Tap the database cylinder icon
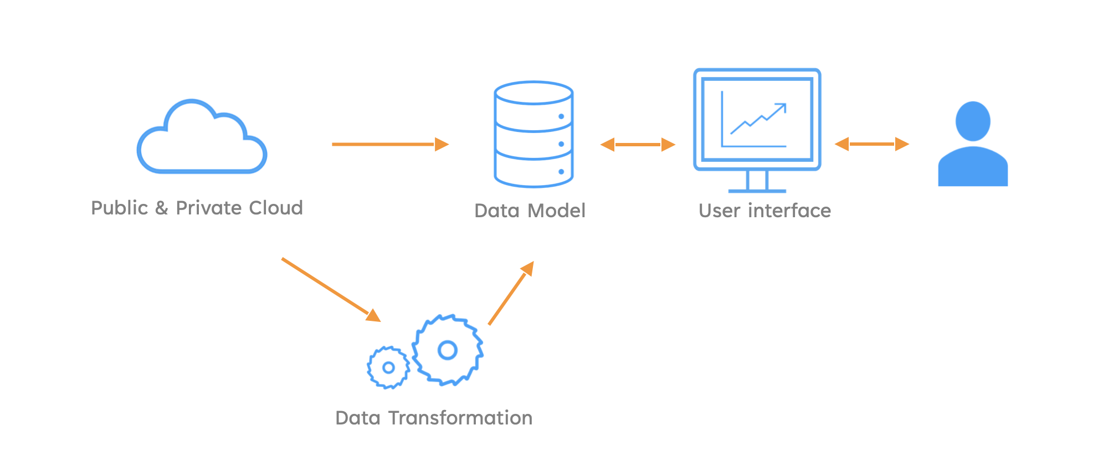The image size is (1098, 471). (x=533, y=134)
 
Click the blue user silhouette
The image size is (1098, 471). (x=973, y=166)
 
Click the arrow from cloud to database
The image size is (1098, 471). (x=390, y=144)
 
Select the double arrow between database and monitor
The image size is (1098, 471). (x=638, y=145)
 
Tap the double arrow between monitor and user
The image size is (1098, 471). (x=872, y=144)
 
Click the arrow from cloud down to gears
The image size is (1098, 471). (x=331, y=290)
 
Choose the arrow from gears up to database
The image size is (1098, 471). (x=511, y=293)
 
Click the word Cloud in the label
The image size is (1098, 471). (x=276, y=208)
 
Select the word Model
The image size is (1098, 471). (x=557, y=211)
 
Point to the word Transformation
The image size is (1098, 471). (x=460, y=418)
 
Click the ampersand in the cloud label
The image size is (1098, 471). (x=162, y=208)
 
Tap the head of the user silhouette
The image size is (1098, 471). (x=973, y=121)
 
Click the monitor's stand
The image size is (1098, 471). (x=757, y=182)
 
